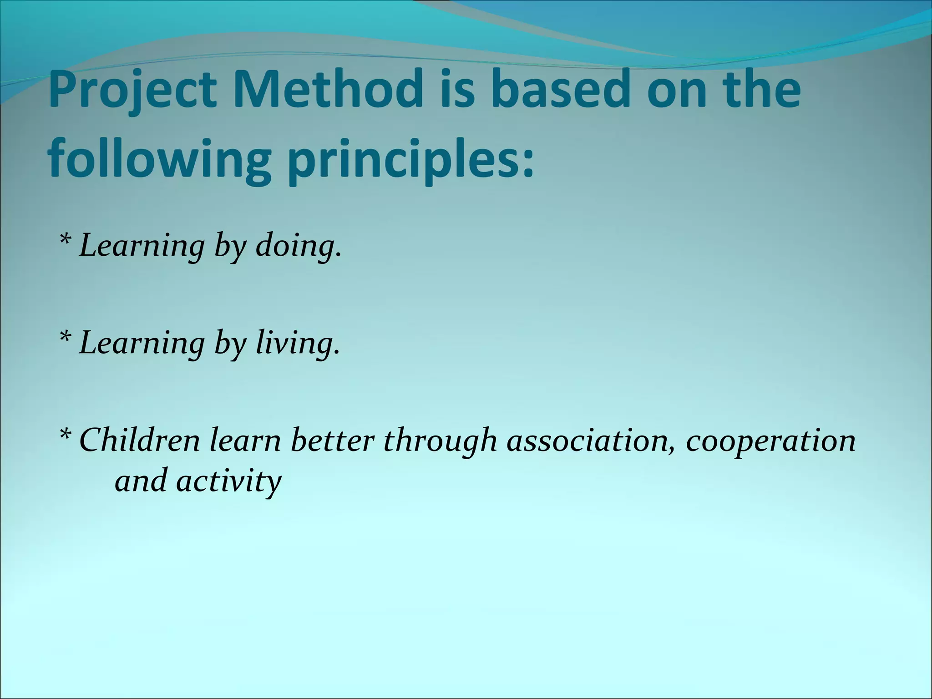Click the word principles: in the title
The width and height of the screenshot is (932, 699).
[410, 160]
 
